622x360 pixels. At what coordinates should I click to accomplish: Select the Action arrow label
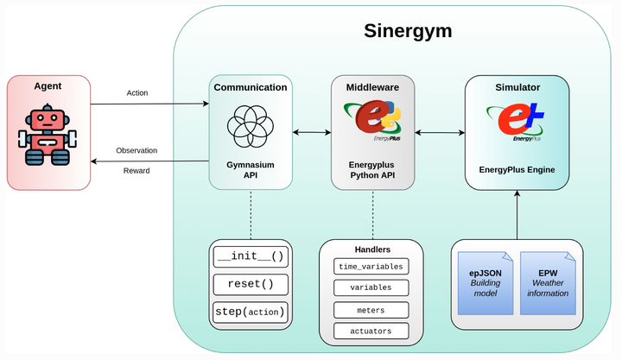(x=136, y=93)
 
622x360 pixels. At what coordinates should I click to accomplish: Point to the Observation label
(x=136, y=150)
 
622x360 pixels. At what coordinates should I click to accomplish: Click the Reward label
(x=136, y=170)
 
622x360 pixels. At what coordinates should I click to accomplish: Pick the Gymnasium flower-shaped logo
(x=251, y=125)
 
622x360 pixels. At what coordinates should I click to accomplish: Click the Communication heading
(x=251, y=87)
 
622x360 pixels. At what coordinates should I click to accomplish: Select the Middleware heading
(x=372, y=87)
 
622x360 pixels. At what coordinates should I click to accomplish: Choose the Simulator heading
(x=517, y=88)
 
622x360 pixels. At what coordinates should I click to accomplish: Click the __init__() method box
(x=250, y=256)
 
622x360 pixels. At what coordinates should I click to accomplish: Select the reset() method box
(x=250, y=283)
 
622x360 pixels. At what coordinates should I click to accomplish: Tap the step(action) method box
(x=250, y=311)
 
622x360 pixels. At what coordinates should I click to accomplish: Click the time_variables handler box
(x=371, y=266)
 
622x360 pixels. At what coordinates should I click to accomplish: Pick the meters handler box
(x=371, y=309)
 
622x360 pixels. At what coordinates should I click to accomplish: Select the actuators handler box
(x=371, y=331)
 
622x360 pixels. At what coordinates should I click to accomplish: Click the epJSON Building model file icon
(x=485, y=282)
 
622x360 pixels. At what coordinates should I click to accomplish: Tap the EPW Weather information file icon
(x=548, y=282)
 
